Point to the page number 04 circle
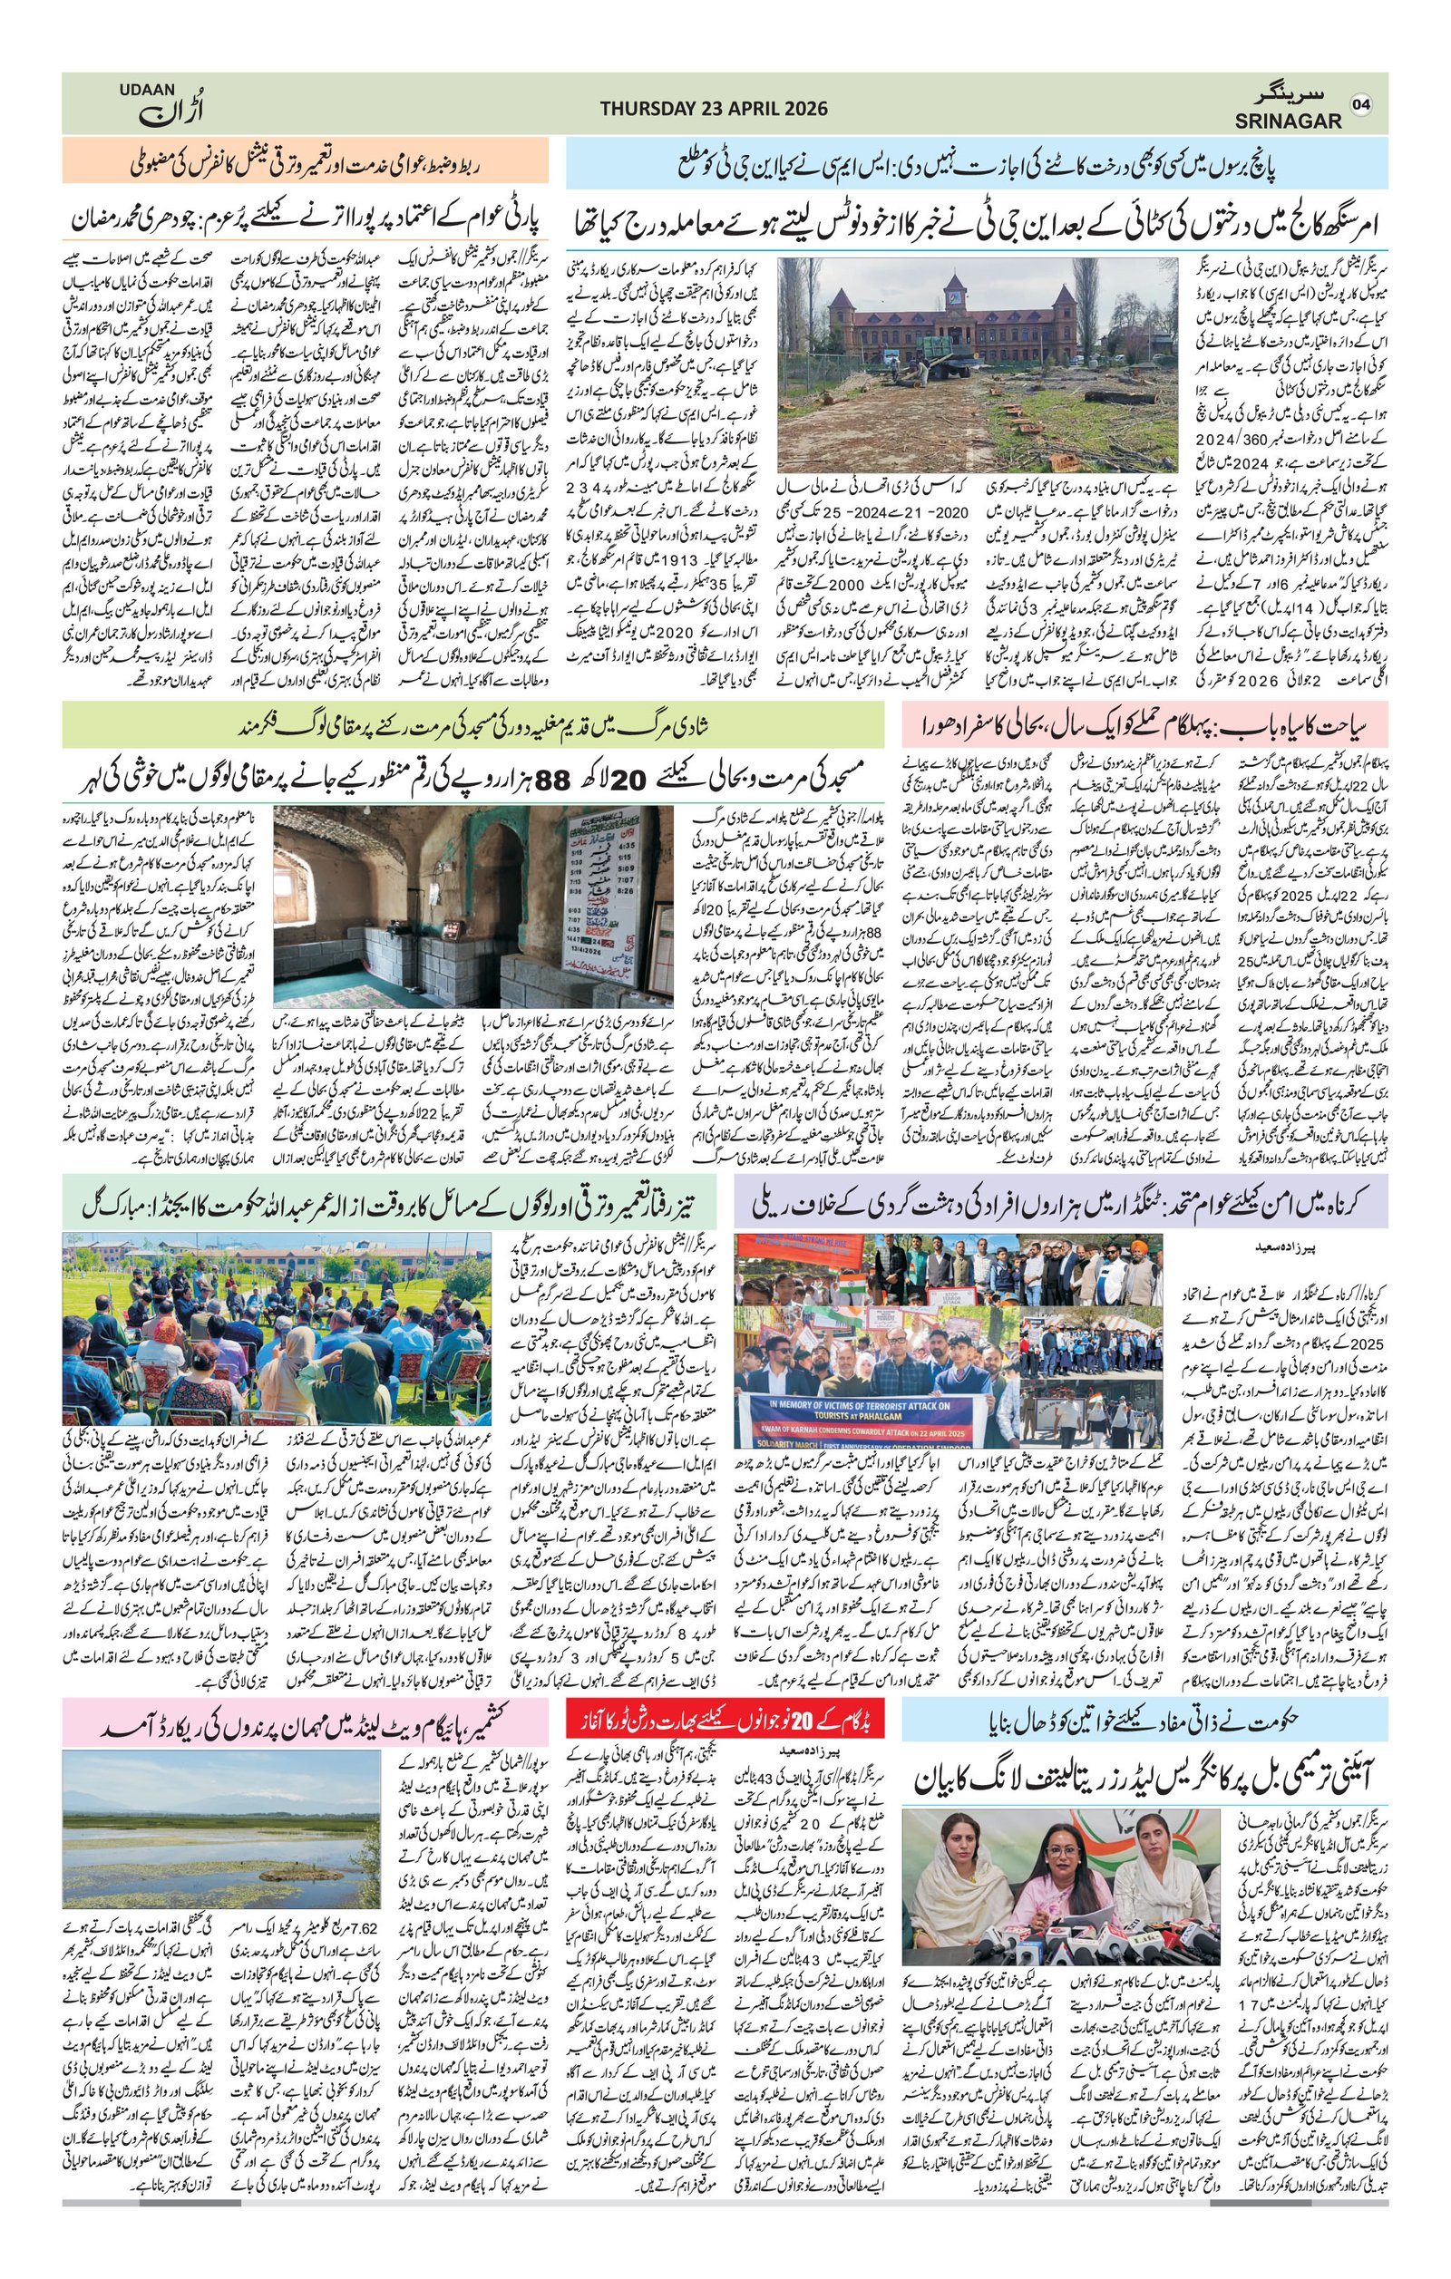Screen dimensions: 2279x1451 click(1363, 103)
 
